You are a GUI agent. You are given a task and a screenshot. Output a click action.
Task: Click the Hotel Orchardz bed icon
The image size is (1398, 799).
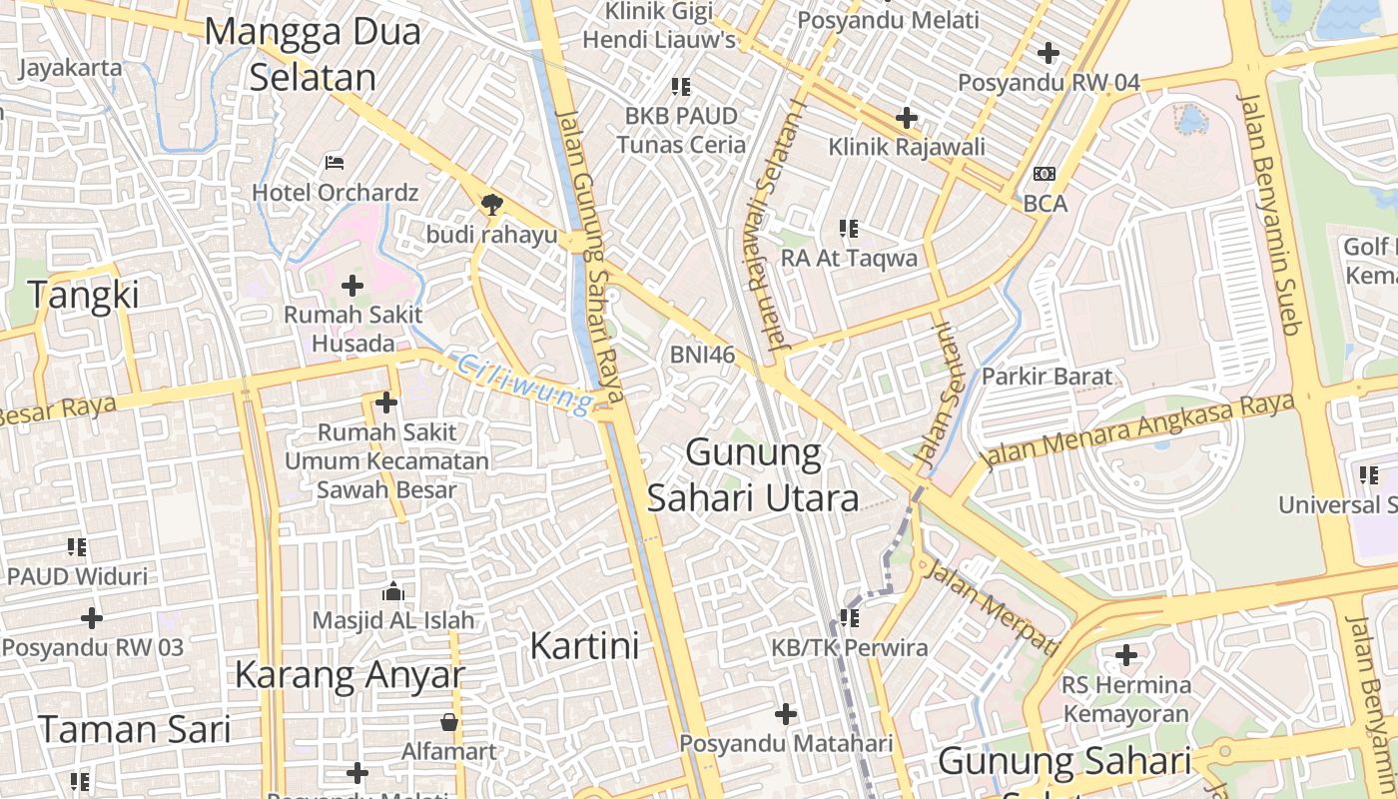tap(336, 162)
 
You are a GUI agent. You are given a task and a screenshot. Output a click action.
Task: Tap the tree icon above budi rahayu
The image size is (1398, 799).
tap(491, 205)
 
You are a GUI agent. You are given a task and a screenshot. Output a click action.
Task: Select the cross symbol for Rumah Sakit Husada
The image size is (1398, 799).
tap(352, 286)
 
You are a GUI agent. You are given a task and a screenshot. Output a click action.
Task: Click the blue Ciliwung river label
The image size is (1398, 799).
tap(524, 384)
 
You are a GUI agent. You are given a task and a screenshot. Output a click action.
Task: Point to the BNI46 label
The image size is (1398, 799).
tap(702, 355)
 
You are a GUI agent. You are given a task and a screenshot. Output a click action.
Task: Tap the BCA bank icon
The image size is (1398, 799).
tap(1045, 174)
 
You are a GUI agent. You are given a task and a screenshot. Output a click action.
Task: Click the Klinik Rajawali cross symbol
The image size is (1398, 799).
tap(907, 118)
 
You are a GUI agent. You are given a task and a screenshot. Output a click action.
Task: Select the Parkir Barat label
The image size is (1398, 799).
tap(1047, 377)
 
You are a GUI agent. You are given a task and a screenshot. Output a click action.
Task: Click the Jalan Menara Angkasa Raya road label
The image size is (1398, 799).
tap(1137, 429)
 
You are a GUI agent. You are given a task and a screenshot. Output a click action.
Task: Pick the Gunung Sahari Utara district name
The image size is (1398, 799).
tap(754, 475)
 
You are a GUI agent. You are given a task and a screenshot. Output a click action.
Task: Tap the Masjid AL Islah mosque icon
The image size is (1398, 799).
tap(393, 591)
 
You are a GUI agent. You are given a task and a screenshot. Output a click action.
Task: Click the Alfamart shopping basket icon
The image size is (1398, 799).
tap(449, 721)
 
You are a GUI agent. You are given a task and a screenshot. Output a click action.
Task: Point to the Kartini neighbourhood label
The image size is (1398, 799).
tap(584, 646)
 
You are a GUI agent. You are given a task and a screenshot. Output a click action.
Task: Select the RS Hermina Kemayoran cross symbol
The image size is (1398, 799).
tap(1126, 655)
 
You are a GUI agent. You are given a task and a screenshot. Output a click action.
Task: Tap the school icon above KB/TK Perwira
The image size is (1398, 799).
tap(850, 618)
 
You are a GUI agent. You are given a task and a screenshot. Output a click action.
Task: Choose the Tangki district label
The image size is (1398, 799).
tap(83, 296)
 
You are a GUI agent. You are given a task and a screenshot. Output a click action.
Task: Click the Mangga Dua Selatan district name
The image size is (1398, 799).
tap(313, 54)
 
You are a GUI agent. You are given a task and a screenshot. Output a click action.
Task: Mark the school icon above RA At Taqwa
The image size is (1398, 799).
tap(849, 229)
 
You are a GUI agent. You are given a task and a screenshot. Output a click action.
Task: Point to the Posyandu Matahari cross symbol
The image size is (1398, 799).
tap(786, 714)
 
